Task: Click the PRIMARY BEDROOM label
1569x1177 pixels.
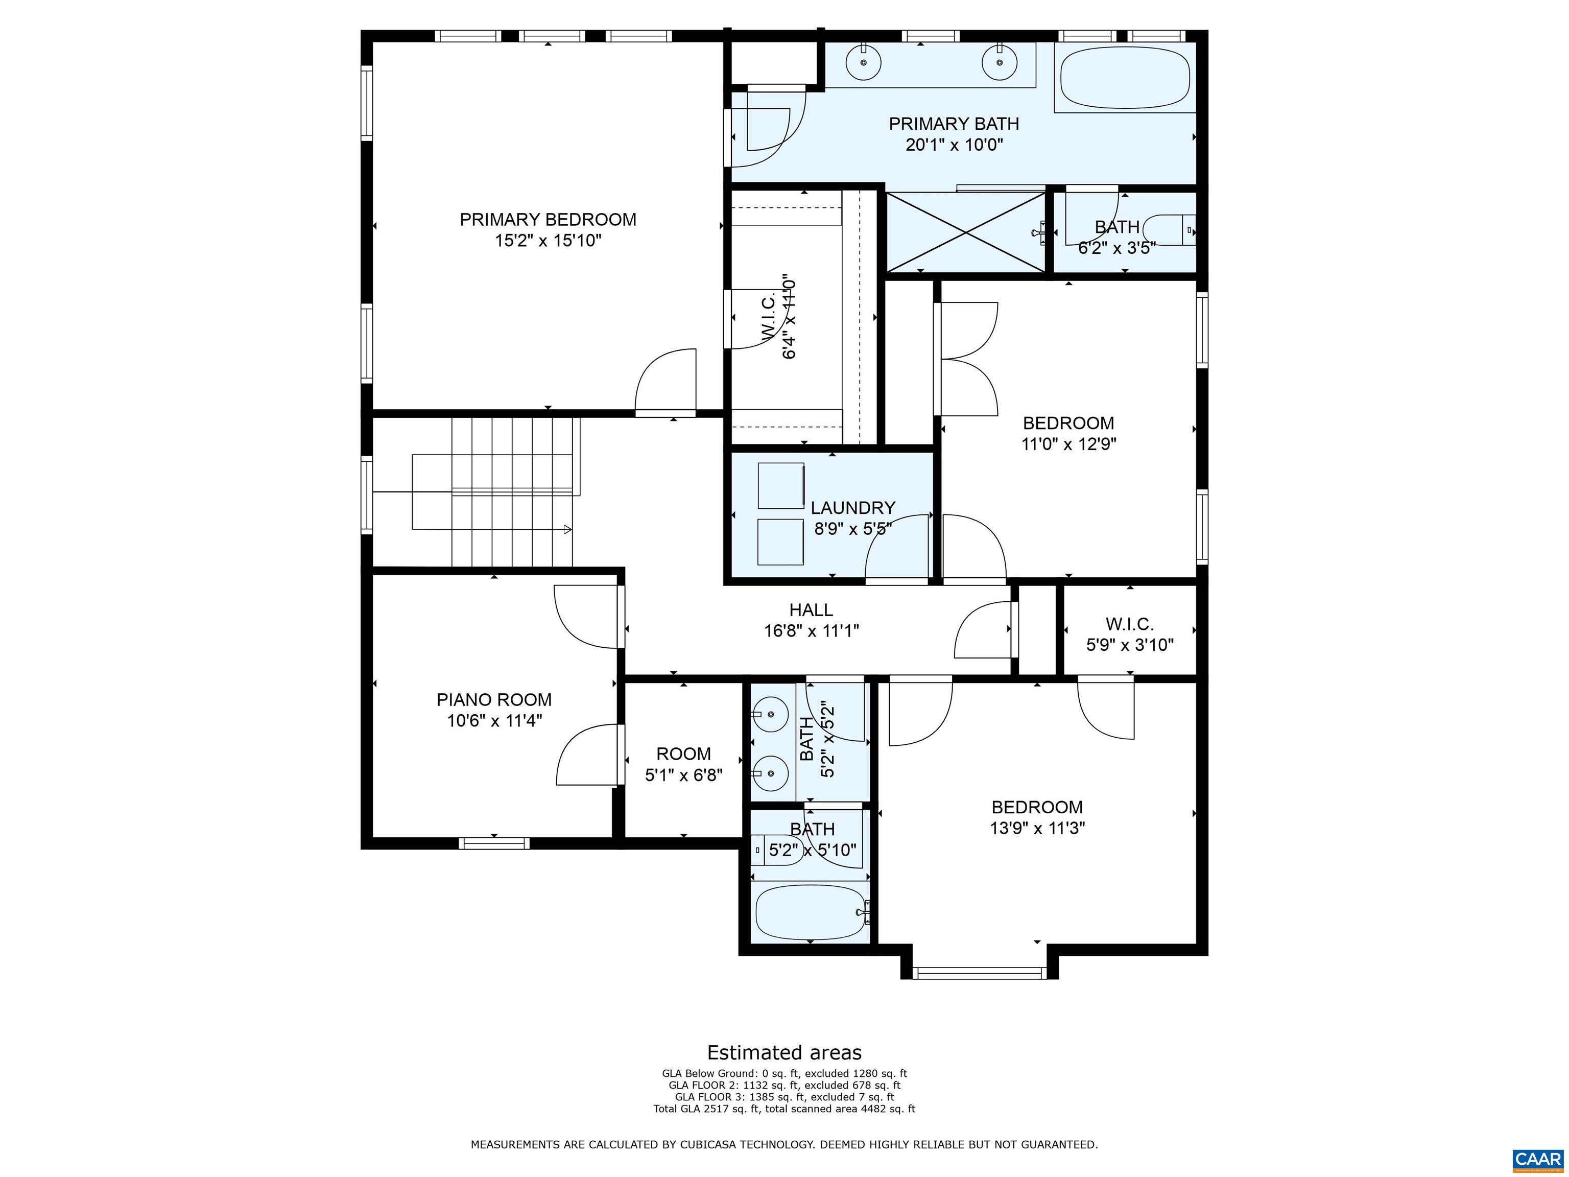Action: click(548, 220)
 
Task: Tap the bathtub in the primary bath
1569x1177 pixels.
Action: click(1125, 78)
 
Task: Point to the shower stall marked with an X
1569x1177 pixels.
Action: click(966, 232)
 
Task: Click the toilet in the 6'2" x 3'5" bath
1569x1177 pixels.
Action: click(1171, 230)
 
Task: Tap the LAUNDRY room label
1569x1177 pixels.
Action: click(852, 508)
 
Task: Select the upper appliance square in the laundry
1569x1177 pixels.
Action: click(780, 486)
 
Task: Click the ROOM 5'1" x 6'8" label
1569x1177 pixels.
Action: click(683, 754)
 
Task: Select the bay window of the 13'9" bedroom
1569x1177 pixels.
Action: click(979, 973)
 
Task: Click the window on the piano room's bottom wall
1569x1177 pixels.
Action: click(494, 843)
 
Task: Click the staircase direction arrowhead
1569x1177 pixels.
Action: click(567, 529)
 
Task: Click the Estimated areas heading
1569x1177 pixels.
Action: click(784, 1052)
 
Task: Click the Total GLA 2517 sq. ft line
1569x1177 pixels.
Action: click(784, 1109)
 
